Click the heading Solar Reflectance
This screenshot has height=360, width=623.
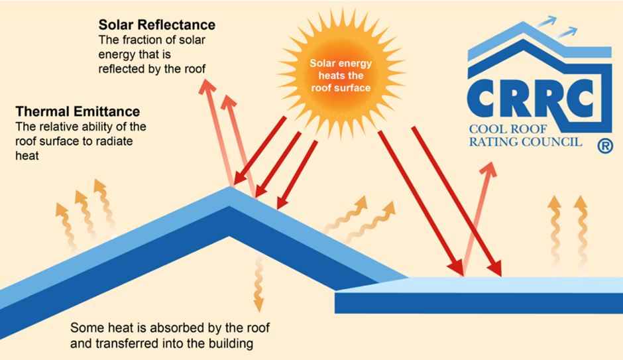pyautogui.click(x=157, y=25)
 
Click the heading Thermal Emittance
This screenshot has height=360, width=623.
pyautogui.click(x=78, y=111)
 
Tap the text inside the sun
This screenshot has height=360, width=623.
pyautogui.click(x=341, y=76)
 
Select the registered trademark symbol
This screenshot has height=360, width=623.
pyautogui.click(x=604, y=146)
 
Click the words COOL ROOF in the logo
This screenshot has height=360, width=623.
pyautogui.click(x=508, y=129)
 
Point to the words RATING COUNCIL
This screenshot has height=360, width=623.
pyautogui.click(x=526, y=142)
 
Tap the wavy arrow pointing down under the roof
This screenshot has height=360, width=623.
pyautogui.click(x=258, y=284)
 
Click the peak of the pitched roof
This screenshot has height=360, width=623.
pyautogui.click(x=230, y=187)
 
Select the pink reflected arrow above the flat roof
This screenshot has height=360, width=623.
pyautogui.click(x=478, y=219)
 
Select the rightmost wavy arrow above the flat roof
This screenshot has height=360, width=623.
pyautogui.click(x=581, y=235)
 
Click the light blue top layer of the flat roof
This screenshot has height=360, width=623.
pyautogui.click(x=512, y=284)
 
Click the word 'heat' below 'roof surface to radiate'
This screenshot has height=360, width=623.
pyautogui.click(x=27, y=156)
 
